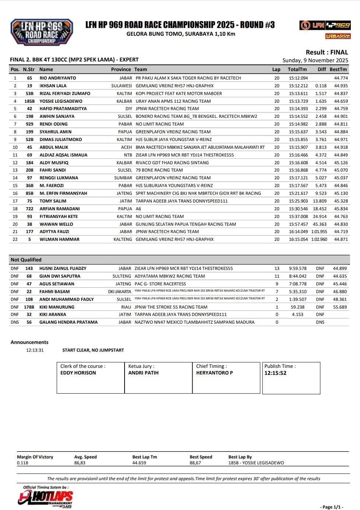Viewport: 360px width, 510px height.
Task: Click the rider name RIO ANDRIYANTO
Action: click(x=57, y=78)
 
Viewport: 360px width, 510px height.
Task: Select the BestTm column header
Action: click(x=338, y=69)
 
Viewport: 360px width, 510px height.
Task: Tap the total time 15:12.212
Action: click(x=298, y=86)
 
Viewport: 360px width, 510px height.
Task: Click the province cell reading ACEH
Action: click(x=126, y=147)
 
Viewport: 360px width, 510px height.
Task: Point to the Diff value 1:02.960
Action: click(x=319, y=239)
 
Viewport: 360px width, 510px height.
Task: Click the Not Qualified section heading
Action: click(x=26, y=260)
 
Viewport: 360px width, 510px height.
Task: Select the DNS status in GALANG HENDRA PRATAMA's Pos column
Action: click(x=15, y=322)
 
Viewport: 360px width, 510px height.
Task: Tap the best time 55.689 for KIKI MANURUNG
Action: click(x=340, y=307)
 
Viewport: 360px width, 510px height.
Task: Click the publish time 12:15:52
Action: click(x=275, y=373)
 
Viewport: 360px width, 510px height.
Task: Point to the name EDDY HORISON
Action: click(x=78, y=373)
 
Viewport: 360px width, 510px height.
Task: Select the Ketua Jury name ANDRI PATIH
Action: click(x=143, y=373)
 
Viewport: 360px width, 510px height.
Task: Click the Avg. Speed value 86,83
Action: click(x=80, y=463)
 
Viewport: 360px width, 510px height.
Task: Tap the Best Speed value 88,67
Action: click(x=195, y=463)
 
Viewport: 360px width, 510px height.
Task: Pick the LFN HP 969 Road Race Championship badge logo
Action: click(x=42, y=32)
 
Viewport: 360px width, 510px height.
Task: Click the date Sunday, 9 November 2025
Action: click(x=315, y=60)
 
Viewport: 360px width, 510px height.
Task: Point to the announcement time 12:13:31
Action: click(x=35, y=350)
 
